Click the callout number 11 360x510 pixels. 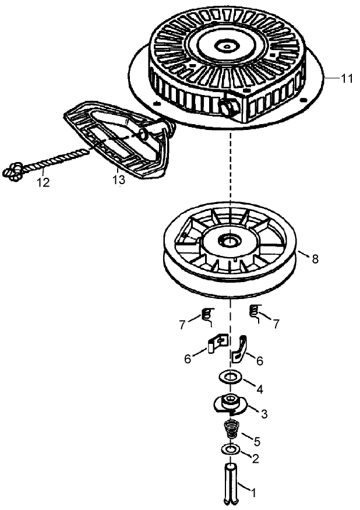click(347, 79)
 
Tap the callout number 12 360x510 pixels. click(43, 182)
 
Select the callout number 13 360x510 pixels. click(118, 180)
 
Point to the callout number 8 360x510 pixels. click(315, 259)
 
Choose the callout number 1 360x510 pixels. click(253, 493)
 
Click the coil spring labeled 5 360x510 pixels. click(231, 432)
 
